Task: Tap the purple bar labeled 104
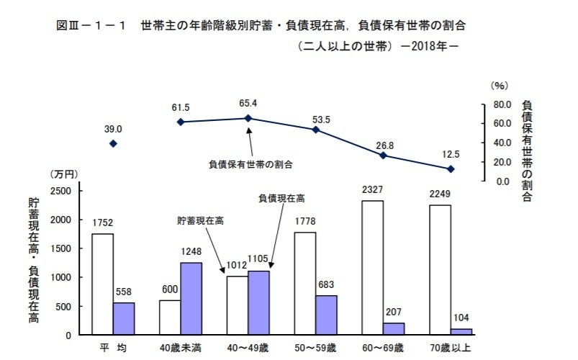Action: [461, 331]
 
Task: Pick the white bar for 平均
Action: [102, 284]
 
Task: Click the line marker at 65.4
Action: [248, 118]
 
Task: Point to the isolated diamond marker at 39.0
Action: [113, 144]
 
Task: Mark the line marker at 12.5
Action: [451, 169]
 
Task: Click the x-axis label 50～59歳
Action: [315, 348]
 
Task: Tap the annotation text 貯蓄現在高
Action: [201, 221]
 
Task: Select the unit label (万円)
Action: [64, 175]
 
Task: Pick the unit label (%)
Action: [499, 86]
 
